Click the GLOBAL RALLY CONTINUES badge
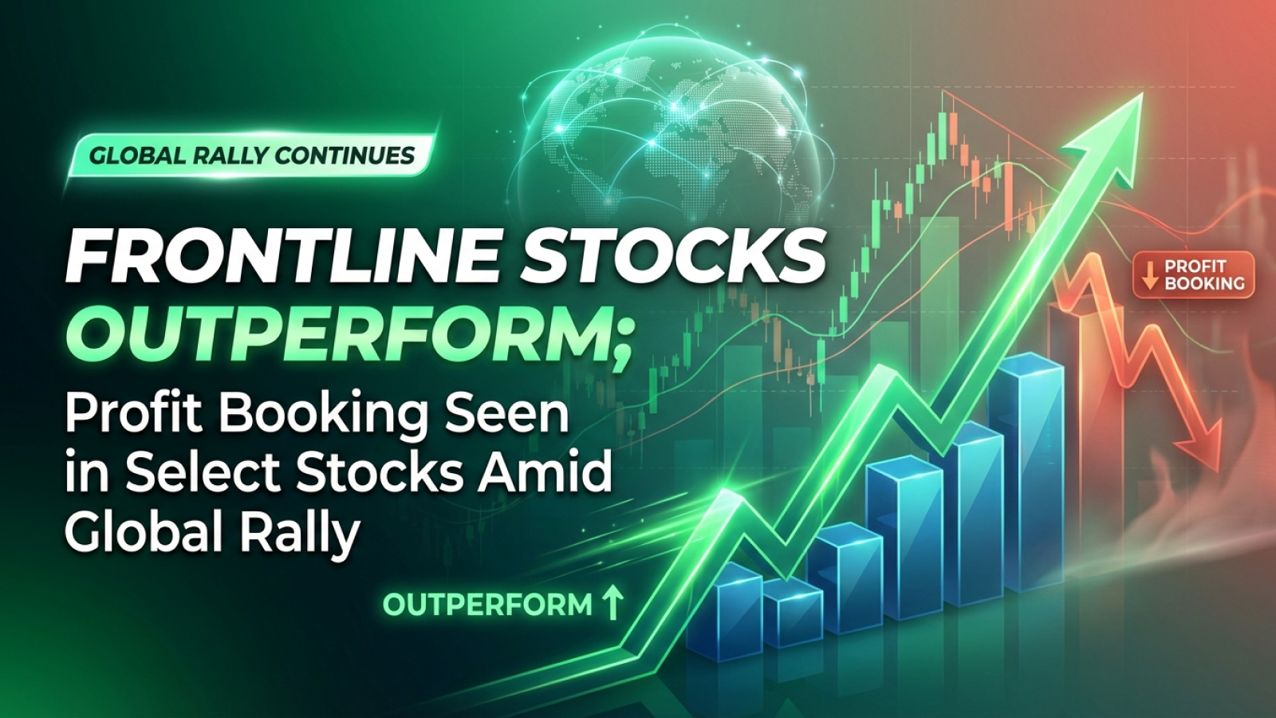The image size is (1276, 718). [252, 155]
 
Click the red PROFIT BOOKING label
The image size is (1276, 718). [1194, 275]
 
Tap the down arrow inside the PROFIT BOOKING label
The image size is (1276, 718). [1149, 275]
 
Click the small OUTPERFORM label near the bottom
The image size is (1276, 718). [487, 605]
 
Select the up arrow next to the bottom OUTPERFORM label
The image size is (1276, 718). [612, 604]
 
